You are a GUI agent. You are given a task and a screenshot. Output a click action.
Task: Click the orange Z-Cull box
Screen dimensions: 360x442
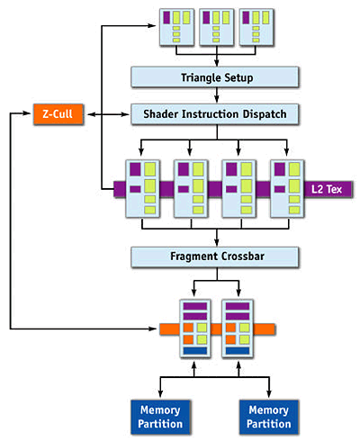(58, 114)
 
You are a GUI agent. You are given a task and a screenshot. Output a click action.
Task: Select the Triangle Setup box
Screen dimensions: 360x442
(215, 77)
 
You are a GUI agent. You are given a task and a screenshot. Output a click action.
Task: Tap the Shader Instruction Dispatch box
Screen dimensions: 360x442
(215, 114)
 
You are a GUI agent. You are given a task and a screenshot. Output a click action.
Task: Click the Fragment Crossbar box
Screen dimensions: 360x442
(215, 257)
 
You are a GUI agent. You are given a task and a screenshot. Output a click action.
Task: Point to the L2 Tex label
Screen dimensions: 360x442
(327, 189)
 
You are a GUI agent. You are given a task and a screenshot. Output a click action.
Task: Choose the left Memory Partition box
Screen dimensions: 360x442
(160, 417)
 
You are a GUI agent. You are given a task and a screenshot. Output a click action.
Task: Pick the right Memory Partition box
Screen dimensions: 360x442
(269, 417)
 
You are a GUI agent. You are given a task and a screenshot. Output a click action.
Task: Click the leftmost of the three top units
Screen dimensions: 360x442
(176, 27)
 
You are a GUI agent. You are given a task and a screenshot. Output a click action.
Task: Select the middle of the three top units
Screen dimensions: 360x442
(217, 27)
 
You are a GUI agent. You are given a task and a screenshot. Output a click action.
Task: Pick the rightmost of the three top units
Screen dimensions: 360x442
(256, 27)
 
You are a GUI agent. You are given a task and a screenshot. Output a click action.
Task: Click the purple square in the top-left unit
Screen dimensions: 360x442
(166, 17)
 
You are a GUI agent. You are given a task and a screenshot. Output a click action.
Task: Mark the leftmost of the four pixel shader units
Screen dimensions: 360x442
(143, 188)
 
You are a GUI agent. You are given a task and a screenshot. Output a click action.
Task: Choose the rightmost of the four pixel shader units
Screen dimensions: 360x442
(287, 188)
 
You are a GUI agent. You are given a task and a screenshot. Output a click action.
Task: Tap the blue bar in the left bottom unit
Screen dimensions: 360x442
(195, 350)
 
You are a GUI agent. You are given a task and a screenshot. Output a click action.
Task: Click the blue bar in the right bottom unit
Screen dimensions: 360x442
(238, 350)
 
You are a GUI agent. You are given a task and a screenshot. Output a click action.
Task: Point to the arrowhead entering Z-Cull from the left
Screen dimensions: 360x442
(28, 113)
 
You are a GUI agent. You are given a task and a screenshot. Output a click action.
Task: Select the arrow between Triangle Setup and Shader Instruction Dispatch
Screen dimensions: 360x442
(217, 95)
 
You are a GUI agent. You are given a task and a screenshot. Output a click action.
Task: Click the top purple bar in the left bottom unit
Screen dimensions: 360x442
(195, 306)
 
